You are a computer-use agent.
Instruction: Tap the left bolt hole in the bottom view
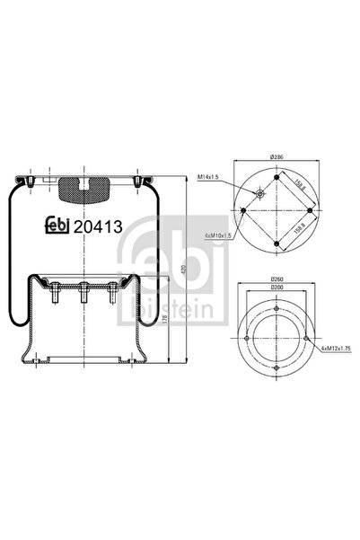[245, 339]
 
